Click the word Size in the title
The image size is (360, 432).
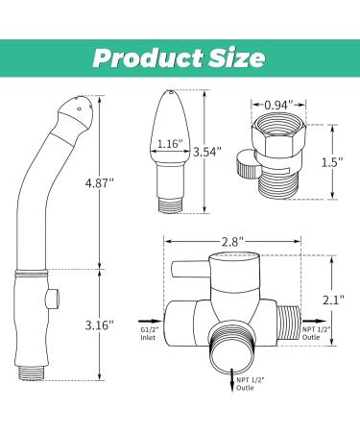232,57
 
